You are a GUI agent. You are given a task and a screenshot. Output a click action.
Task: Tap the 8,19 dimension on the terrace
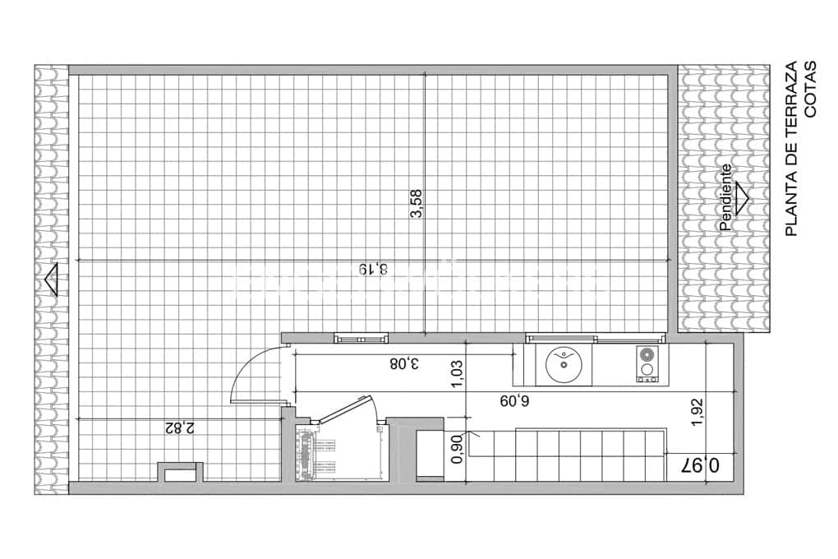tap(371, 269)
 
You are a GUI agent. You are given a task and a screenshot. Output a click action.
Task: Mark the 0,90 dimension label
tap(458, 453)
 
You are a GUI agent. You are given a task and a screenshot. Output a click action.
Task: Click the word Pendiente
tap(725, 197)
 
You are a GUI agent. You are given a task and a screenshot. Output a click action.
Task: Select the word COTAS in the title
tap(810, 90)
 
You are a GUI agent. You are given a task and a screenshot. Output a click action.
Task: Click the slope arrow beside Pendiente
tap(741, 198)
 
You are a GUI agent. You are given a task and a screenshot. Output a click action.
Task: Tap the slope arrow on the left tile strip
tap(51, 280)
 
